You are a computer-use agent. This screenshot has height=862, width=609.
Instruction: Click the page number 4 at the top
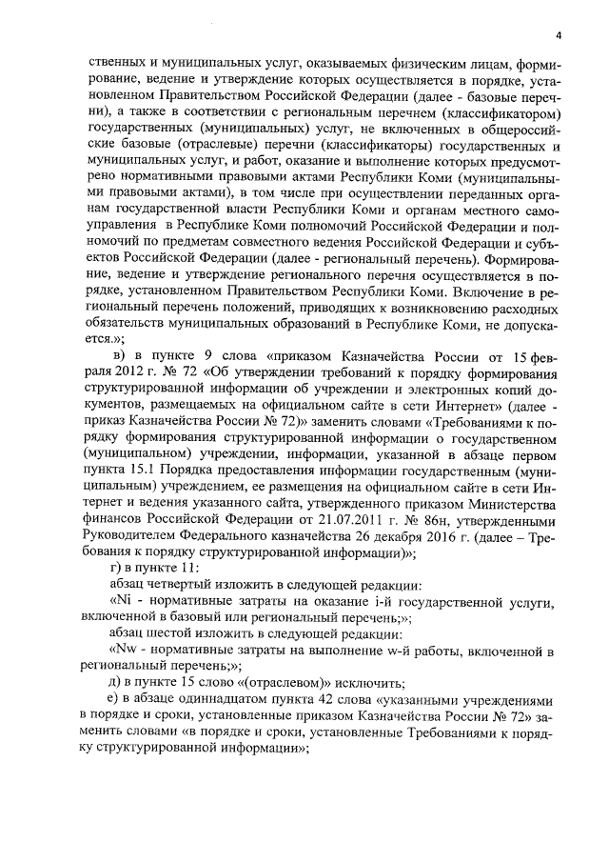point(559,36)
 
